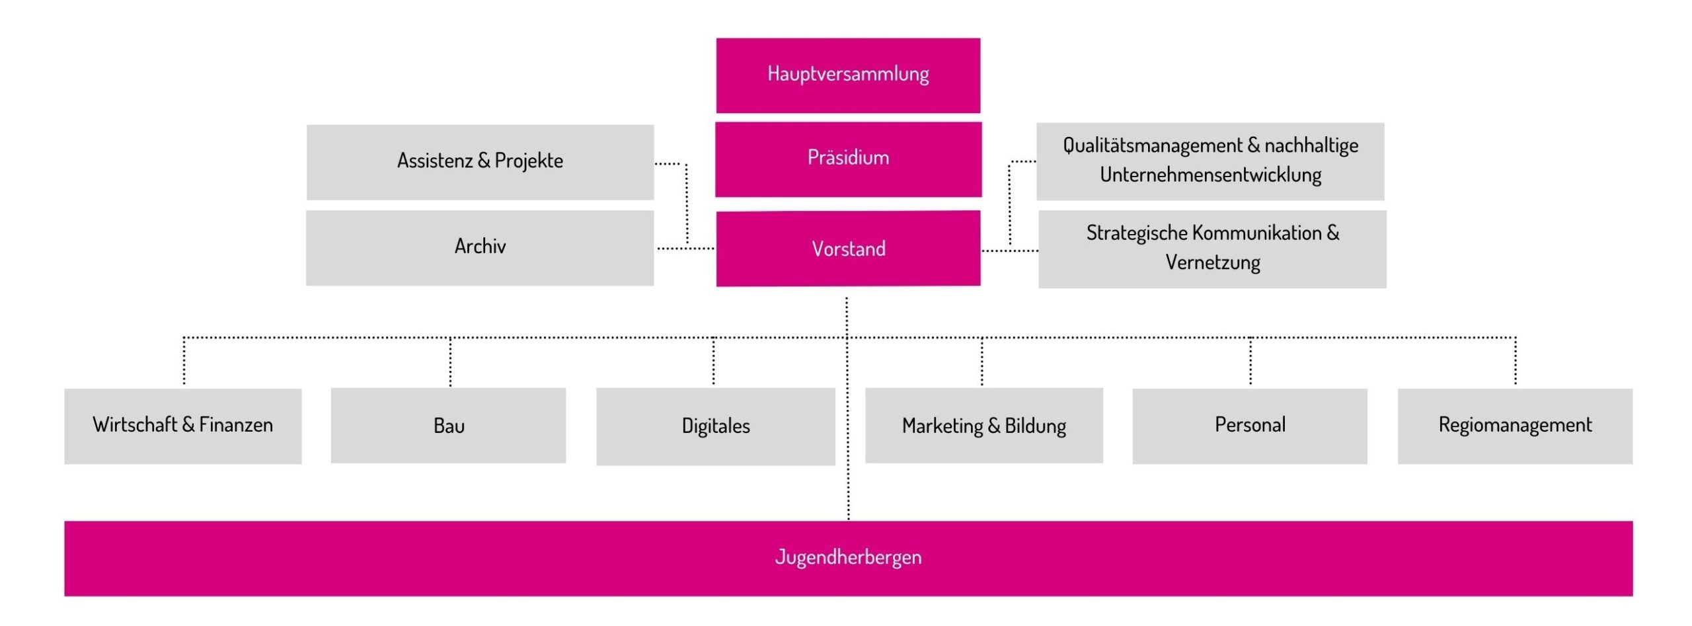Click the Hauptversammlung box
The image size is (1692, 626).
848,75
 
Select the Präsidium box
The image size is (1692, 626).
848,159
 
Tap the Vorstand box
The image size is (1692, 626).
848,249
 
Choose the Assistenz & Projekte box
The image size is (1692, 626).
480,162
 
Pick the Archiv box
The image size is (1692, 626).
480,248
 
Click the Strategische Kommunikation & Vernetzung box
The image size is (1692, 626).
1212,249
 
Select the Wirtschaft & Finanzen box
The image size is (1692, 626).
182,426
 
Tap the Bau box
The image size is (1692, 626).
448,426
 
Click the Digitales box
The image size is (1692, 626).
715,426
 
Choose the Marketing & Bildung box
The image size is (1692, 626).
983,426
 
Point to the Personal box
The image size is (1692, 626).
1249,426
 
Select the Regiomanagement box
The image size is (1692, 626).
1515,426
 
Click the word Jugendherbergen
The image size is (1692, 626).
848,557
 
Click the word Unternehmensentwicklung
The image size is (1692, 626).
1210,175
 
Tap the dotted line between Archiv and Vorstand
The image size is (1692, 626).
685,249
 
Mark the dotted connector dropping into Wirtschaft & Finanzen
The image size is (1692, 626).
184,362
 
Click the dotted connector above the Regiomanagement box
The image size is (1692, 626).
1516,362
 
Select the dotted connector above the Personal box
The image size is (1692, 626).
1250,362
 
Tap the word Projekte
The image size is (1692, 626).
529,161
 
